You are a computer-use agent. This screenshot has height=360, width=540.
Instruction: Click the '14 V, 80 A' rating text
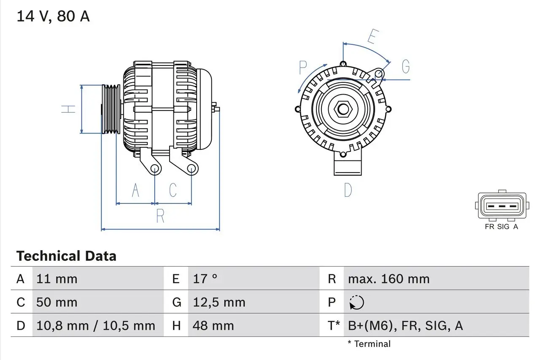point(53,16)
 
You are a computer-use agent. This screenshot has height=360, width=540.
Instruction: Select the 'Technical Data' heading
point(66,256)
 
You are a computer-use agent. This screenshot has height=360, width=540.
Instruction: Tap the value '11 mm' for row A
point(57,279)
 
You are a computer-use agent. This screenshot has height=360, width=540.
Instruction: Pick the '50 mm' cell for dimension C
point(57,302)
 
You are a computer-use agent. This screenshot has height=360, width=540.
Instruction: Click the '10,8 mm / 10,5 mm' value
point(96,325)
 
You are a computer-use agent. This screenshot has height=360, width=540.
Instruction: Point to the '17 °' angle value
point(205,279)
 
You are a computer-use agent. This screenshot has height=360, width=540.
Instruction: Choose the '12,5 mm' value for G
point(219,302)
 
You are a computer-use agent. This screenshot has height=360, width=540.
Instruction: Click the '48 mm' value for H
point(213,325)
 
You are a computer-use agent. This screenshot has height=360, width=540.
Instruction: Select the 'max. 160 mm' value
point(389,279)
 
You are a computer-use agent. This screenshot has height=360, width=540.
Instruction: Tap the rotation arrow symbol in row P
point(356,302)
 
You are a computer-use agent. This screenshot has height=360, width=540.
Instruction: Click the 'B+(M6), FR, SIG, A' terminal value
point(405,325)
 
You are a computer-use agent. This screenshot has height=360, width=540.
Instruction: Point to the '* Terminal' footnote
point(369,344)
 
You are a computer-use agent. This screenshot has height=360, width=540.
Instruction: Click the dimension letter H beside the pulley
point(68,109)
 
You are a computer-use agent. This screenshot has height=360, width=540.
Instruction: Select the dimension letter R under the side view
point(160,216)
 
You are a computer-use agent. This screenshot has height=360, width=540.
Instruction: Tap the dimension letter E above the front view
point(372,37)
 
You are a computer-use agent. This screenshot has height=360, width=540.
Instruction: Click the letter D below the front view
point(348,190)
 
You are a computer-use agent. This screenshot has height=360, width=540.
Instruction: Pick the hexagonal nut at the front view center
point(343,109)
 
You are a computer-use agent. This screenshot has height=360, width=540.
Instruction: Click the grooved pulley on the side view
point(111,109)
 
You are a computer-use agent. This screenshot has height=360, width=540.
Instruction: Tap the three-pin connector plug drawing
point(502,206)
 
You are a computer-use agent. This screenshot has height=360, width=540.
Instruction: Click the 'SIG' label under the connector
point(503,227)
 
